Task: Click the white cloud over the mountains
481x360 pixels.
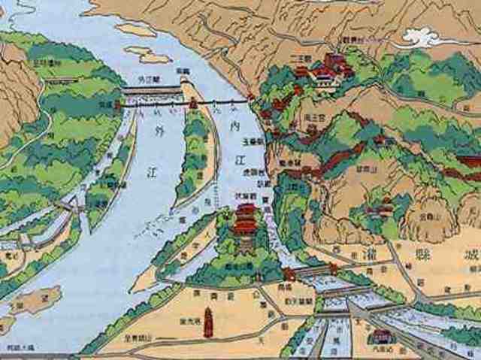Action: (425, 36)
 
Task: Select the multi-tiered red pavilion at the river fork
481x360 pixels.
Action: (245, 217)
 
